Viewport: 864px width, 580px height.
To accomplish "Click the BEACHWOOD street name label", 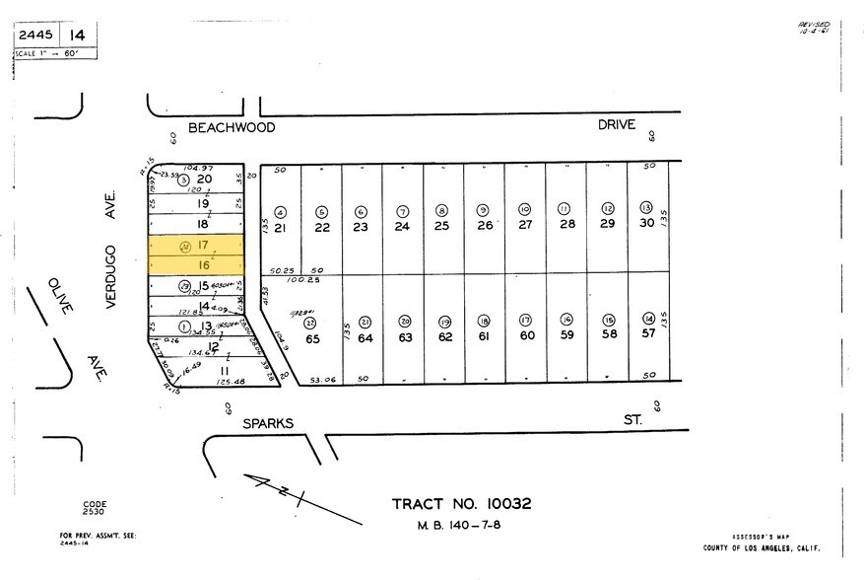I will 231,127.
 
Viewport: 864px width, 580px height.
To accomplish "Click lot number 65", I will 312,338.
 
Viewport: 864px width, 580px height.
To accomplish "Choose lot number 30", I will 646,224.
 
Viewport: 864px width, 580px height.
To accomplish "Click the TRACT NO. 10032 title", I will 461,503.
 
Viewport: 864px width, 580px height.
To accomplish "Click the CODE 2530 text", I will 95,508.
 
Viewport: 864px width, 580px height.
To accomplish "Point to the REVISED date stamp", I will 814,28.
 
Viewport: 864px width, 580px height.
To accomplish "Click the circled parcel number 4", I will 280,211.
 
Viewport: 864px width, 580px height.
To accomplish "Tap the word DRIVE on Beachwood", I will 616,124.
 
